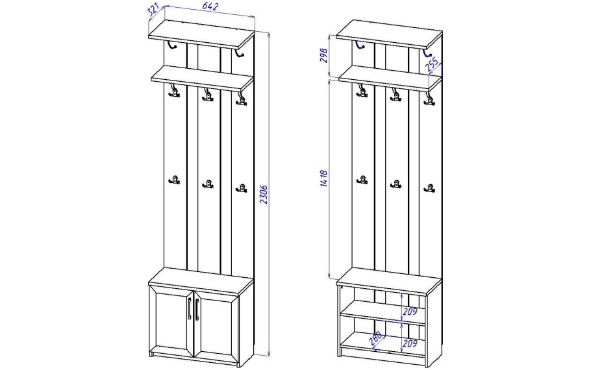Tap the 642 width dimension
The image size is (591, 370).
(x=211, y=6)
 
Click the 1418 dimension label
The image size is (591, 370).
(x=323, y=179)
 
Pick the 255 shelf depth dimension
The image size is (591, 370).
(x=433, y=65)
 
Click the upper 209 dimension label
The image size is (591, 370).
(x=410, y=312)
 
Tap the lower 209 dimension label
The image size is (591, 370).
(x=410, y=343)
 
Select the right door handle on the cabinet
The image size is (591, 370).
(x=196, y=310)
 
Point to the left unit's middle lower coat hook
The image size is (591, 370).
(x=208, y=184)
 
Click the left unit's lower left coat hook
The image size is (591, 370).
(x=175, y=180)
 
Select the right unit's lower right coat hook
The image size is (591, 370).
(x=429, y=188)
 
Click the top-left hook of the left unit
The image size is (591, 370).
(x=172, y=45)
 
